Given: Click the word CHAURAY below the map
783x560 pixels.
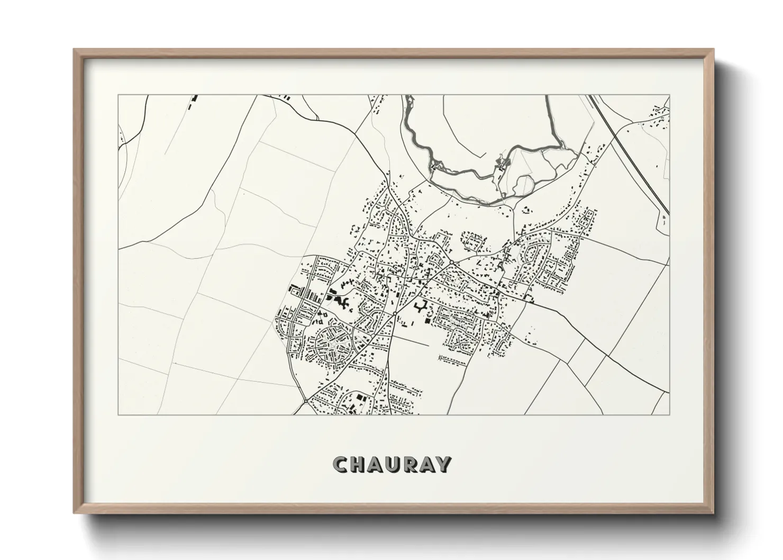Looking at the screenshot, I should pyautogui.click(x=392, y=464).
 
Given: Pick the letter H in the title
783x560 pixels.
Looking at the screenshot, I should pyautogui.click(x=357, y=464).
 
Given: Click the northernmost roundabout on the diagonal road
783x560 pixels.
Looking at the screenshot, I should pyautogui.click(x=451, y=263).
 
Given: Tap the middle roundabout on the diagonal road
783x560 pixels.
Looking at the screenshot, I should pyautogui.click(x=395, y=314).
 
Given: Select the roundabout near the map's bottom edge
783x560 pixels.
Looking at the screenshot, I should pyautogui.click(x=306, y=402).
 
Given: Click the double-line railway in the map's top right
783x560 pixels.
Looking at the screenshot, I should pyautogui.click(x=630, y=153).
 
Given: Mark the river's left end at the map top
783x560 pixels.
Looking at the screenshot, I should pyautogui.click(x=406, y=101).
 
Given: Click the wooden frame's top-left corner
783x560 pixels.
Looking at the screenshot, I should pyautogui.click(x=75, y=50).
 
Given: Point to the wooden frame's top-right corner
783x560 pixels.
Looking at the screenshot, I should pyautogui.click(x=713, y=50).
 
